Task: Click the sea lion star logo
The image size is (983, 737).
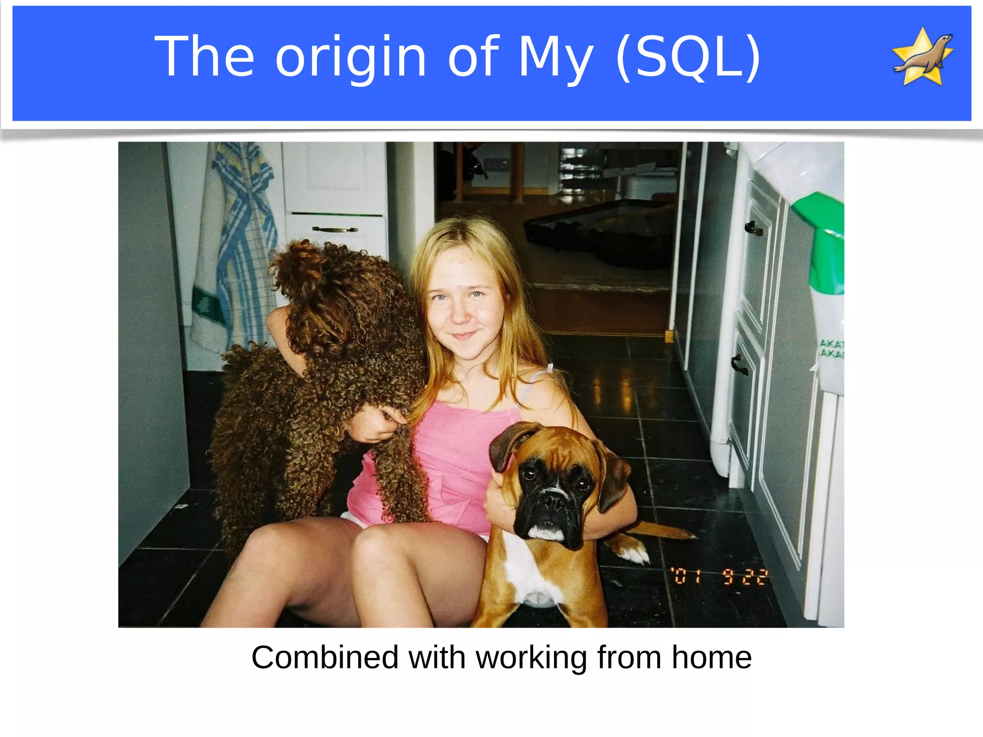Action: [922, 57]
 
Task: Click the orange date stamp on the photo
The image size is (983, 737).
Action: [719, 576]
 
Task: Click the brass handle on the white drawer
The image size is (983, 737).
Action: [335, 229]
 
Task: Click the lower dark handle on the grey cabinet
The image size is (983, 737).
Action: [739, 364]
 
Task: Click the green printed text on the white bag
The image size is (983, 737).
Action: [832, 349]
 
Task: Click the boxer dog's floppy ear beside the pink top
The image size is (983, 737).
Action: [504, 446]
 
